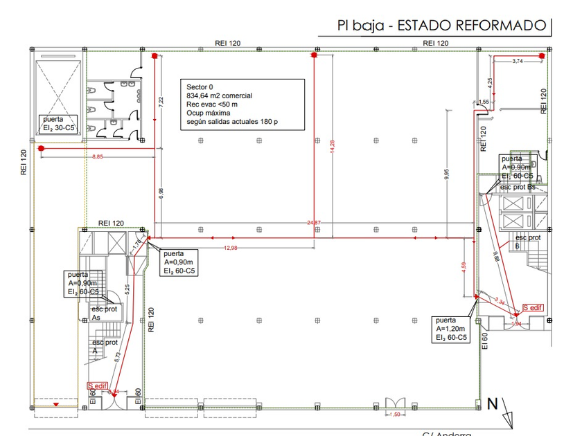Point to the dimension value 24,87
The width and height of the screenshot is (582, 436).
(314, 222)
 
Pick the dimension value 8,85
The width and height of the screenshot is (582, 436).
(98, 157)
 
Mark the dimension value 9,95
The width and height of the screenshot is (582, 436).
(448, 174)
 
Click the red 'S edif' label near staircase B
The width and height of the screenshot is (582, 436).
(533, 307)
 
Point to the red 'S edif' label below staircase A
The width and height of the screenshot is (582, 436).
(97, 385)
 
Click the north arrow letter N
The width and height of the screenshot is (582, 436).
(493, 403)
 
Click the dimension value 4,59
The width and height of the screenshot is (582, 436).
(466, 266)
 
